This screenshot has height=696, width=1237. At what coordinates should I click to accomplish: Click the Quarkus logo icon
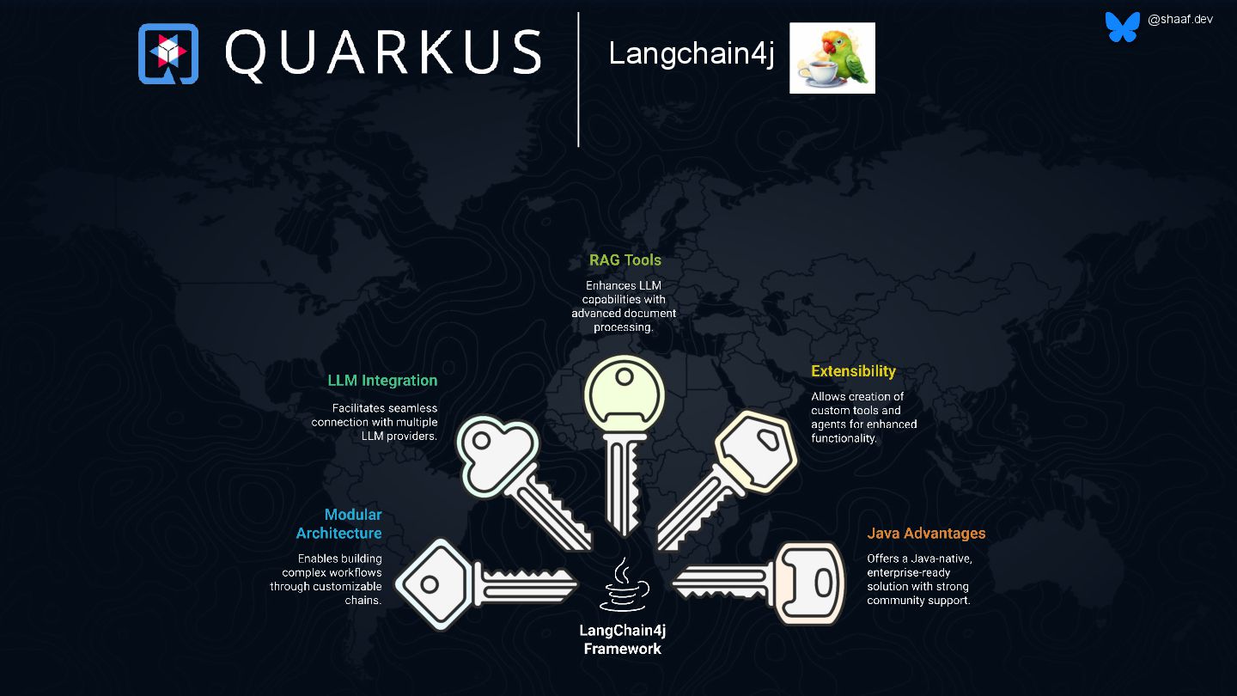(x=168, y=53)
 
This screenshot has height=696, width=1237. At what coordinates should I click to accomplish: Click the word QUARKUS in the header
(x=383, y=53)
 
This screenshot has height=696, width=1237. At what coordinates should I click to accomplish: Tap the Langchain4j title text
(x=691, y=53)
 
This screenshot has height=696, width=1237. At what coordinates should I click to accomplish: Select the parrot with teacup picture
(x=832, y=58)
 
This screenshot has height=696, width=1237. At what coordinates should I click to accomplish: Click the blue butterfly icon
(x=1122, y=27)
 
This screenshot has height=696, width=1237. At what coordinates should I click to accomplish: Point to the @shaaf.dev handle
(x=1179, y=19)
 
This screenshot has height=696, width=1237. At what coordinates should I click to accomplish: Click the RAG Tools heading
(x=625, y=259)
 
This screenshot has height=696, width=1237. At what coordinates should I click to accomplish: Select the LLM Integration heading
(x=382, y=380)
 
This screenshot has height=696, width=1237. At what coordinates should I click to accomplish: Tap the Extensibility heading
(x=853, y=371)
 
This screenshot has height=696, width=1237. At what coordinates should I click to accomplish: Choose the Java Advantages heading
(x=926, y=533)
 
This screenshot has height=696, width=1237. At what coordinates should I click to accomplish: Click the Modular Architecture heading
(x=339, y=524)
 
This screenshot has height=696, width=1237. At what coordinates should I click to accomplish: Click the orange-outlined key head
(x=809, y=583)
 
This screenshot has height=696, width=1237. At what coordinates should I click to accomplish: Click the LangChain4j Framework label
(x=623, y=639)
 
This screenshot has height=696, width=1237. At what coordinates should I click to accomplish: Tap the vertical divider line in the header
(x=578, y=79)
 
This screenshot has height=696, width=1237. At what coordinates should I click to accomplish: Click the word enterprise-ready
(x=908, y=572)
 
